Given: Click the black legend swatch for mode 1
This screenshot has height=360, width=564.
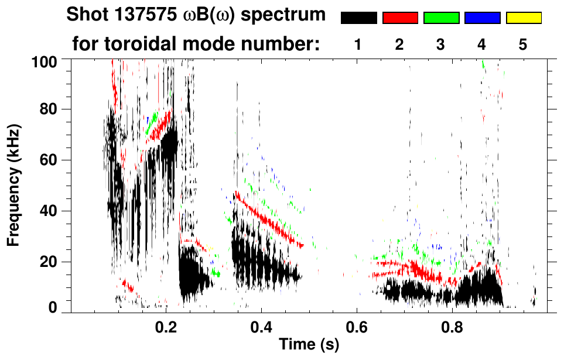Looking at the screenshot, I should click(358, 18).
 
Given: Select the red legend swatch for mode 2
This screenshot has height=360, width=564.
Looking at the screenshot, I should click(400, 18).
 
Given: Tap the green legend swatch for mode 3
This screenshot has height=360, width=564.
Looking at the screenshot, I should click(441, 18).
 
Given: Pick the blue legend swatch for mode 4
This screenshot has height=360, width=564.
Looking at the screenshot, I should click(482, 18).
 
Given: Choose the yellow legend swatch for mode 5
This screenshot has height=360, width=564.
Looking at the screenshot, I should click(524, 18).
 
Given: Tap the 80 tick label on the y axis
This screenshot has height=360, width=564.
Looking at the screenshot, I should click(48, 109).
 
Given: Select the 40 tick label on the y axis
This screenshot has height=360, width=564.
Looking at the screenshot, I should click(48, 211).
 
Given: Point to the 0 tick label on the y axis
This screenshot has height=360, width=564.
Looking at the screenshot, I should click(52, 308).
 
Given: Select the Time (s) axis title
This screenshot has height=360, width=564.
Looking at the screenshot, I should click(308, 344).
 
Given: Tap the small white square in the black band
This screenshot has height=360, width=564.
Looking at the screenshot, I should click(388, 287).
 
